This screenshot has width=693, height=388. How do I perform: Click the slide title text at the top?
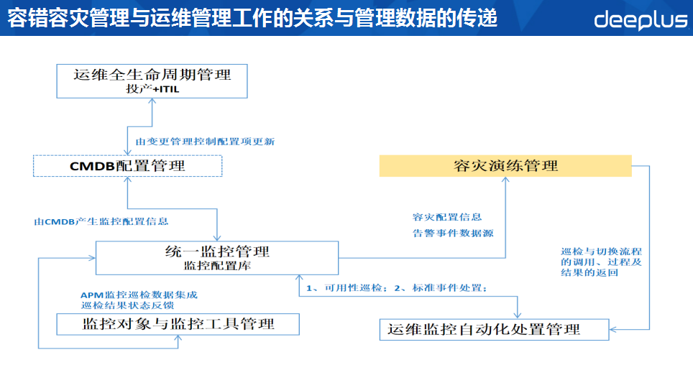coord(252,18)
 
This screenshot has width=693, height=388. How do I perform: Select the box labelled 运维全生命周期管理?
coord(152,74)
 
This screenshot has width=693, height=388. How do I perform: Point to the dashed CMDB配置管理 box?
coord(127,166)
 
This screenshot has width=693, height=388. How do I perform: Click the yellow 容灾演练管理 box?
coord(505,166)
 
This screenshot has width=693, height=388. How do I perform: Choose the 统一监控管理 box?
coord(216,252)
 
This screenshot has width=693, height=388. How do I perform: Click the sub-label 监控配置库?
coord(216,265)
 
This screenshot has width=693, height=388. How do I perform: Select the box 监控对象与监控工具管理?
coord(178,324)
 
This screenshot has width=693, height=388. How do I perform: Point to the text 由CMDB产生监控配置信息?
coord(101,221)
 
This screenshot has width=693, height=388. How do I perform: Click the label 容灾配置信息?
coord(447,216)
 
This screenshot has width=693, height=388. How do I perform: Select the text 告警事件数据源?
coord(453,233)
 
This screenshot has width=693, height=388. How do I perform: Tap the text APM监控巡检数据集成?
coord(139,295)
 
